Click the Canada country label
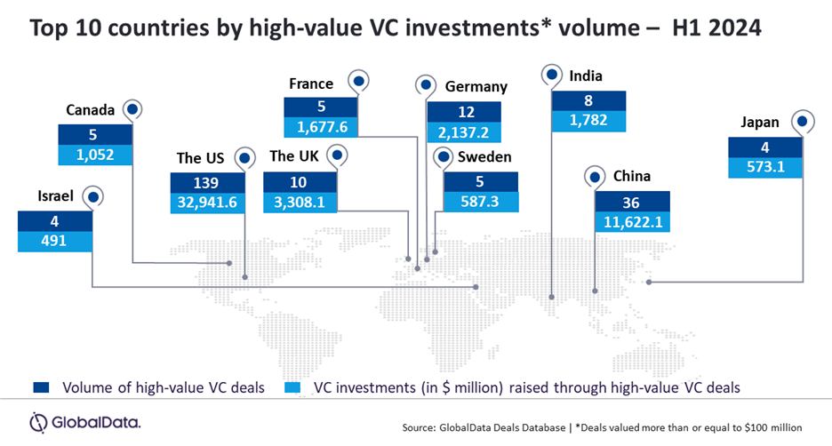coord(90,111)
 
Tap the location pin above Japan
coord(804,123)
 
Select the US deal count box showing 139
coord(206,181)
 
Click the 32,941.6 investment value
coord(206,202)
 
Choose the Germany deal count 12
coord(464,112)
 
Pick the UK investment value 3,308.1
coord(301,202)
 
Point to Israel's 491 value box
coord(55,239)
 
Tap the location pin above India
coord(552,74)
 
